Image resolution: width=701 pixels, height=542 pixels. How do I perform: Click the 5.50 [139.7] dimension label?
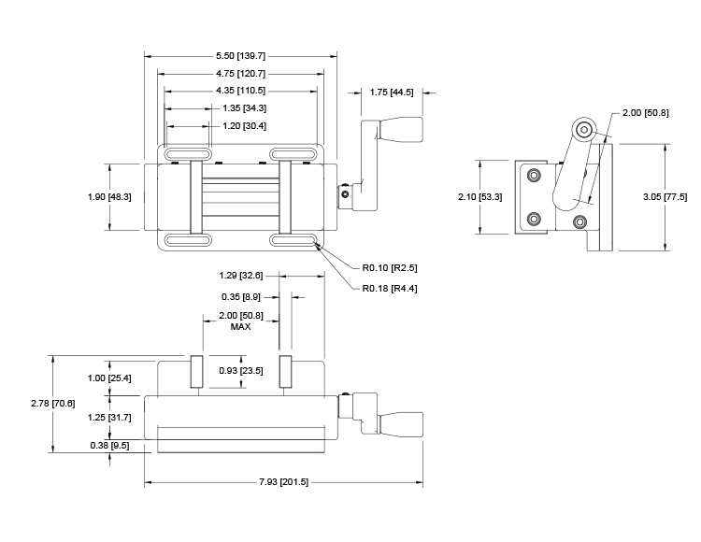click(240, 56)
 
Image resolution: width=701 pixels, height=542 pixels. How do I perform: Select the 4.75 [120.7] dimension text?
click(240, 74)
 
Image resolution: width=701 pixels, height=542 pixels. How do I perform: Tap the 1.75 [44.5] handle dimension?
click(392, 93)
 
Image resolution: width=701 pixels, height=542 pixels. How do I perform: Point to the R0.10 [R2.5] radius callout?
click(390, 268)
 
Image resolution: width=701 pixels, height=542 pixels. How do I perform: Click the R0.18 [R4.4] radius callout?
click(390, 289)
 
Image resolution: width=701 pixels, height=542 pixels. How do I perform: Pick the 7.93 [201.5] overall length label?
click(283, 482)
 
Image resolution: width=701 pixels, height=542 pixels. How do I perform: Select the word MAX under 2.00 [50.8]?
click(240, 327)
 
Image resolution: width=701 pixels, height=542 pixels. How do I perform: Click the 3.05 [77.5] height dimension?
click(665, 197)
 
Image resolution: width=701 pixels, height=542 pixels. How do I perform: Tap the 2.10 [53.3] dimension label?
click(479, 197)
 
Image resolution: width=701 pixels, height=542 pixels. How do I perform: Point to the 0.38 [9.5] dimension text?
click(109, 446)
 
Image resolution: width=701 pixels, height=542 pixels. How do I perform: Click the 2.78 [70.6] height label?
click(52, 404)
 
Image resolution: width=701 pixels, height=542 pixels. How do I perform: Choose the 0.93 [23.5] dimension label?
click(241, 371)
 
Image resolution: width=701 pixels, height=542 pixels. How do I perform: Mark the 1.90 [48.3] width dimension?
click(109, 197)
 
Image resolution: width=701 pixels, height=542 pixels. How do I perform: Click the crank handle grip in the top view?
click(401, 130)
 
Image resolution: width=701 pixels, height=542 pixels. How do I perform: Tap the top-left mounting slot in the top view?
click(187, 154)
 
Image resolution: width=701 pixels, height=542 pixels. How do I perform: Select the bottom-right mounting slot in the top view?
click(293, 240)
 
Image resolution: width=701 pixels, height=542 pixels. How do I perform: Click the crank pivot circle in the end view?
click(584, 130)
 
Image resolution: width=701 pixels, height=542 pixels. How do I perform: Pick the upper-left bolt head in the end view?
click(534, 175)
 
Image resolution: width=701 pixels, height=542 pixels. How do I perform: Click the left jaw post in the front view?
click(196, 372)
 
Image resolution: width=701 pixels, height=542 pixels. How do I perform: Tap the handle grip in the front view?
click(401, 424)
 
